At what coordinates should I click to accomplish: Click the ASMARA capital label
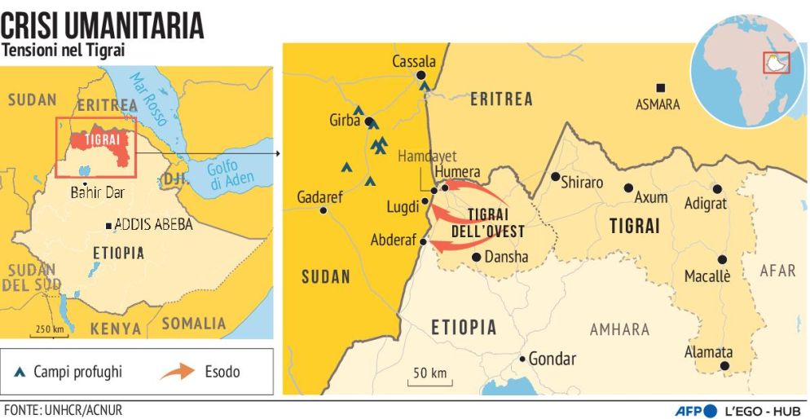point(658,104)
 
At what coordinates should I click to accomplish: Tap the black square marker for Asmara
point(661,87)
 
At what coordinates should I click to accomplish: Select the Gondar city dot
point(522,359)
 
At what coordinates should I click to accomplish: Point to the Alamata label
point(708,352)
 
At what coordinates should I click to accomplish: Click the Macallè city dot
point(722,259)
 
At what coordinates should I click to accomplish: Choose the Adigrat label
point(706,204)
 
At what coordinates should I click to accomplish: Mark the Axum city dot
point(628,187)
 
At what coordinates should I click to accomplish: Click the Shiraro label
point(582,183)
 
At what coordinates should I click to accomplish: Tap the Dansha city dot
point(476,257)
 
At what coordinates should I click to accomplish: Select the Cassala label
point(414,62)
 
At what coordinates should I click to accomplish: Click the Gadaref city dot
point(324,210)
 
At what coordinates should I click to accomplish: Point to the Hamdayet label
point(427,156)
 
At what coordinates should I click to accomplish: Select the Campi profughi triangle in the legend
point(19,373)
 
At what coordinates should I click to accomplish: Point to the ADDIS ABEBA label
point(154,224)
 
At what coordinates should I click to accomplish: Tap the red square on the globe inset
point(772,62)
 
